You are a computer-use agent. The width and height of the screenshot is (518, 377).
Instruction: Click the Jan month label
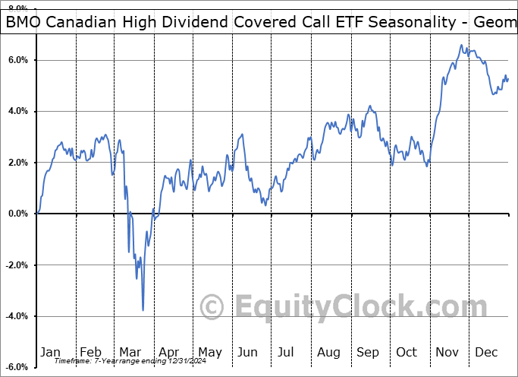pyautogui.click(x=51, y=352)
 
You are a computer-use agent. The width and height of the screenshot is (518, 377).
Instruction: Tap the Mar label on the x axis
pyautogui.click(x=130, y=352)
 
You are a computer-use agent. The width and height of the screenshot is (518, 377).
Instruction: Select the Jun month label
pyautogui.click(x=246, y=352)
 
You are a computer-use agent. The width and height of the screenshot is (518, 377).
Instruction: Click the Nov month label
pyautogui.click(x=447, y=352)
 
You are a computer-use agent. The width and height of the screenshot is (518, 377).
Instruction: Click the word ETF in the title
pyautogui.click(x=343, y=23)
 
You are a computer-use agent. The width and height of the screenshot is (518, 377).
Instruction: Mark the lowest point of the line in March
pyautogui.click(x=143, y=310)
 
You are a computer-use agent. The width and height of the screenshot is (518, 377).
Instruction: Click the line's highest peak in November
pyautogui.click(x=460, y=46)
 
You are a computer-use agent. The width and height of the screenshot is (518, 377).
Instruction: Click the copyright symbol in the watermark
pyautogui.click(x=212, y=307)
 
